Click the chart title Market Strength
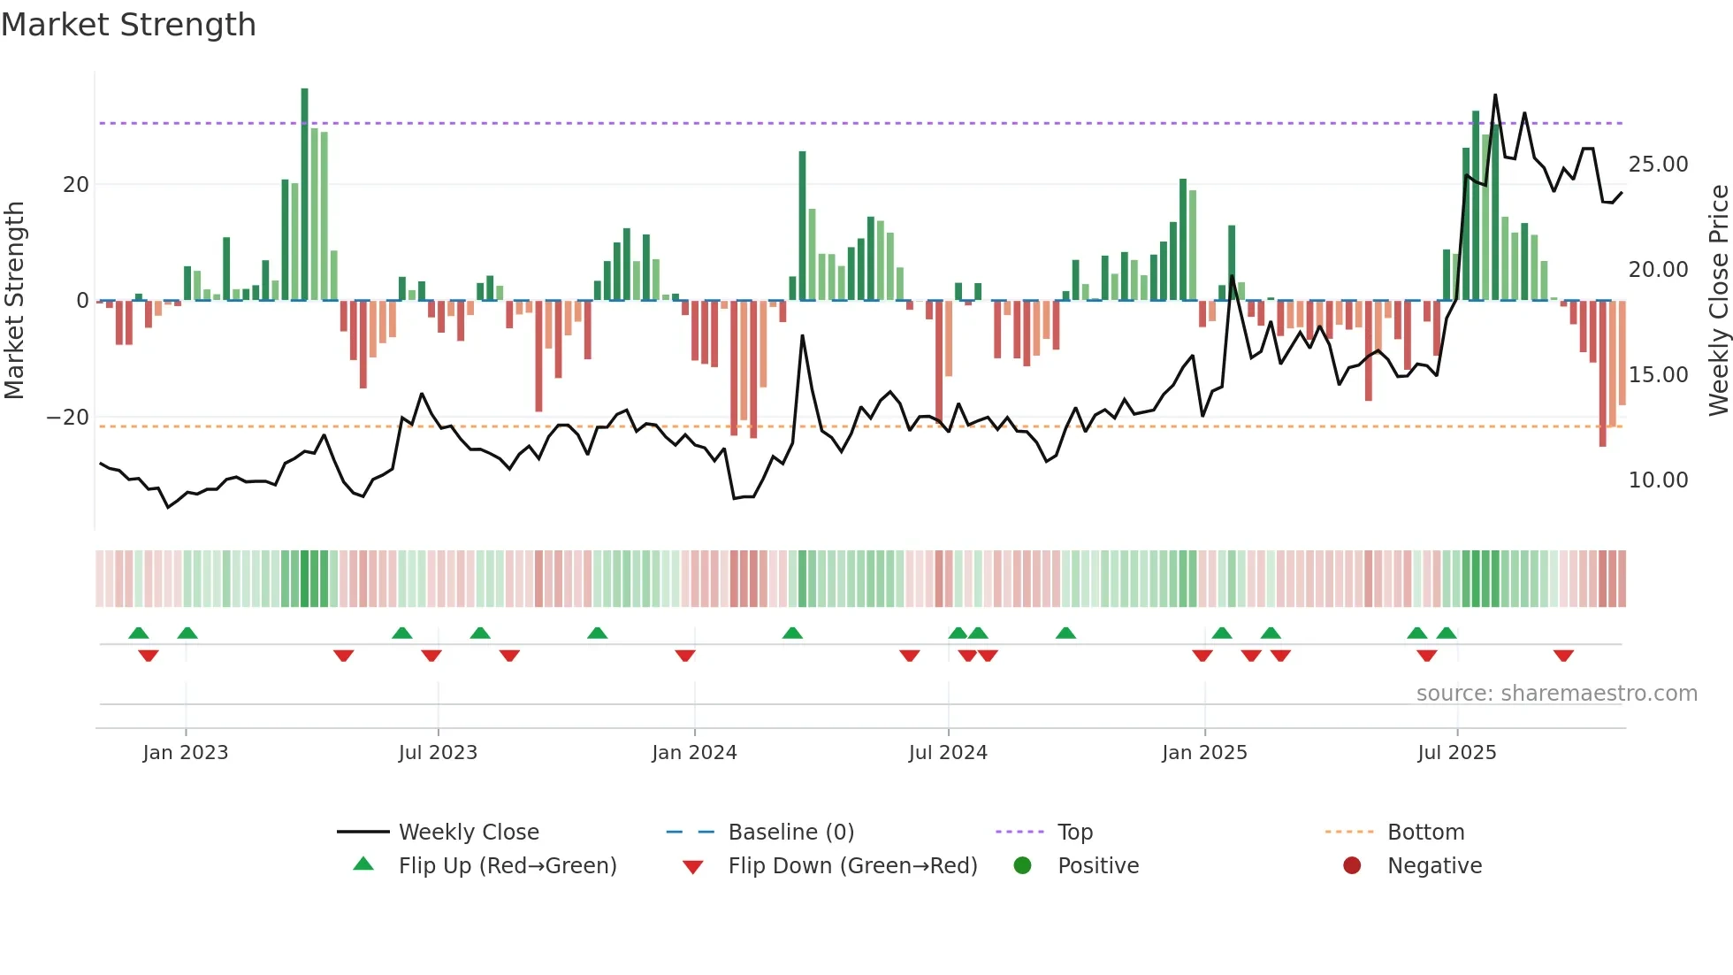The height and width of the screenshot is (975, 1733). [128, 25]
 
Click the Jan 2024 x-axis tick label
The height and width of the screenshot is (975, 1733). [694, 753]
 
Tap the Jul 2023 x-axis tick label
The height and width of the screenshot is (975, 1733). [438, 753]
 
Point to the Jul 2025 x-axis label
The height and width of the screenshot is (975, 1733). [1456, 753]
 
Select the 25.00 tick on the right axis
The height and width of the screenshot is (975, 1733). [1658, 165]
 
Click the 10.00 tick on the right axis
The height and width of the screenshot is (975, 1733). [1658, 480]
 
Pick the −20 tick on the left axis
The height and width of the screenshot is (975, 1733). [68, 418]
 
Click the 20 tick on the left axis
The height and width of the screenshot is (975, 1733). [76, 185]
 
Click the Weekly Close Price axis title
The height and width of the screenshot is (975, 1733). [1718, 301]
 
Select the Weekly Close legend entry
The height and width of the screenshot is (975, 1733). [468, 833]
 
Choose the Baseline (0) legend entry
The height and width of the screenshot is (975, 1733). [790, 833]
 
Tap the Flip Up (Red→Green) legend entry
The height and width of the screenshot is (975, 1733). [507, 866]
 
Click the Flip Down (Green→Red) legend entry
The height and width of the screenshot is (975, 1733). [852, 866]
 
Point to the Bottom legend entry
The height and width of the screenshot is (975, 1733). [1425, 833]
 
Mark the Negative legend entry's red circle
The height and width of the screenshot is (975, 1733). [1352, 865]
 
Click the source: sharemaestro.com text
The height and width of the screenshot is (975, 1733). [1556, 694]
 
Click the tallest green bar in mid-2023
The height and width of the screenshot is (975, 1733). [304, 195]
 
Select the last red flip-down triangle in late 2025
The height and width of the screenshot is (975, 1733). [1563, 656]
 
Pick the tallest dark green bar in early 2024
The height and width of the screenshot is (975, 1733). [802, 226]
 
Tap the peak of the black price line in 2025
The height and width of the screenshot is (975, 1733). [1495, 95]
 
